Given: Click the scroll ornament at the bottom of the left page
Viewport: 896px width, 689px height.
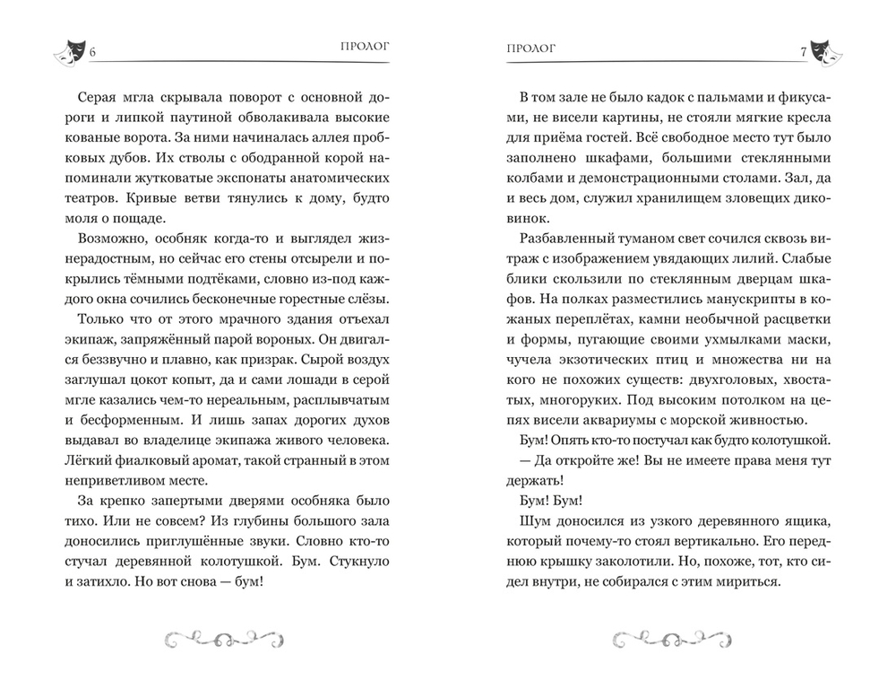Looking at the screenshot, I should click(x=222, y=638).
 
